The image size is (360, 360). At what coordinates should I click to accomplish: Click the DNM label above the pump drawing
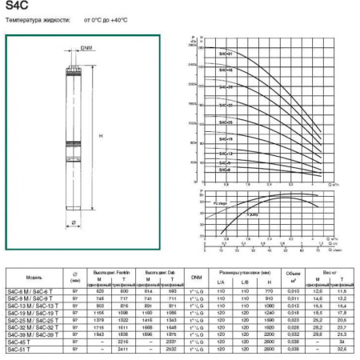[x=86, y=48]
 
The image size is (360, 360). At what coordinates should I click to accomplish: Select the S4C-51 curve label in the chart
[x=226, y=54]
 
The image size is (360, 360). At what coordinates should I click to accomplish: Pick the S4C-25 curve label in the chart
[x=226, y=122]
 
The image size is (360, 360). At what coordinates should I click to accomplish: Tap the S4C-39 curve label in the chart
[x=226, y=86]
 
